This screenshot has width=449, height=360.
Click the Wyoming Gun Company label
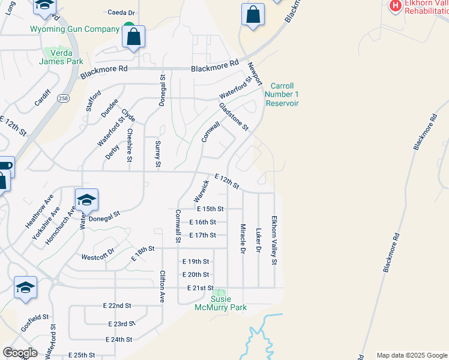[x=75, y=29]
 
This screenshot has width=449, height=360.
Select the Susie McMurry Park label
[x=220, y=303]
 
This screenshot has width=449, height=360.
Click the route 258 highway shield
[x=62, y=98]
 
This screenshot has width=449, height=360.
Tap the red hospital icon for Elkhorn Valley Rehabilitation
[x=396, y=6]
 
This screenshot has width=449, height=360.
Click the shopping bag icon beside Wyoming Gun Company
[x=133, y=37]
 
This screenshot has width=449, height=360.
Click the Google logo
[x=19, y=353]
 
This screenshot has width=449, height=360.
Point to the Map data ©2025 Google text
[x=411, y=355]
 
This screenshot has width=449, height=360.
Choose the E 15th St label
[x=210, y=209]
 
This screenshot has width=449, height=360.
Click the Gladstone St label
[x=234, y=116]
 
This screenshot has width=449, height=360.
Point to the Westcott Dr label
[x=97, y=257]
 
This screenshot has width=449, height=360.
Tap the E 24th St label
[x=118, y=340]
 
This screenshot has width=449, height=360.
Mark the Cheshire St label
[x=130, y=145]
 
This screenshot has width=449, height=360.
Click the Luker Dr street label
[x=259, y=239]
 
